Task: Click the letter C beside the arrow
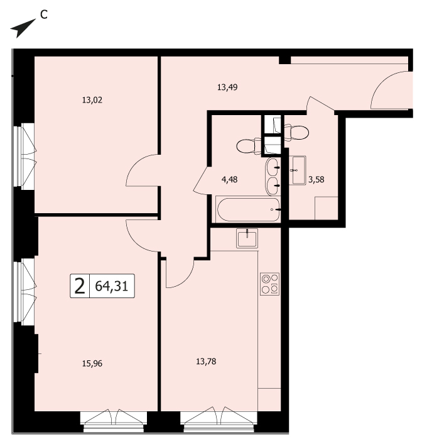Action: [43, 14]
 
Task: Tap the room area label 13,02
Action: [92, 100]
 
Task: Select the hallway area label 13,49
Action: [227, 87]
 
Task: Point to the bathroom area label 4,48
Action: [229, 179]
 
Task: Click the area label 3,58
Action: [316, 179]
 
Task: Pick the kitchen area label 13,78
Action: [206, 362]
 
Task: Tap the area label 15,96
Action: [92, 364]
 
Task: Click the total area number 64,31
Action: [112, 286]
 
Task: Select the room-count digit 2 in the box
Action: [80, 286]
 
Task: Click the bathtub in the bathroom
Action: [248, 209]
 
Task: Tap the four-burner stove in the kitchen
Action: [270, 284]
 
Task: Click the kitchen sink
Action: [247, 238]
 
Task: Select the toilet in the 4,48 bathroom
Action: [249, 146]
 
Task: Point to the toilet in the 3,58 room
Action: [296, 132]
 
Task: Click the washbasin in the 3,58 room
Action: [298, 170]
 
